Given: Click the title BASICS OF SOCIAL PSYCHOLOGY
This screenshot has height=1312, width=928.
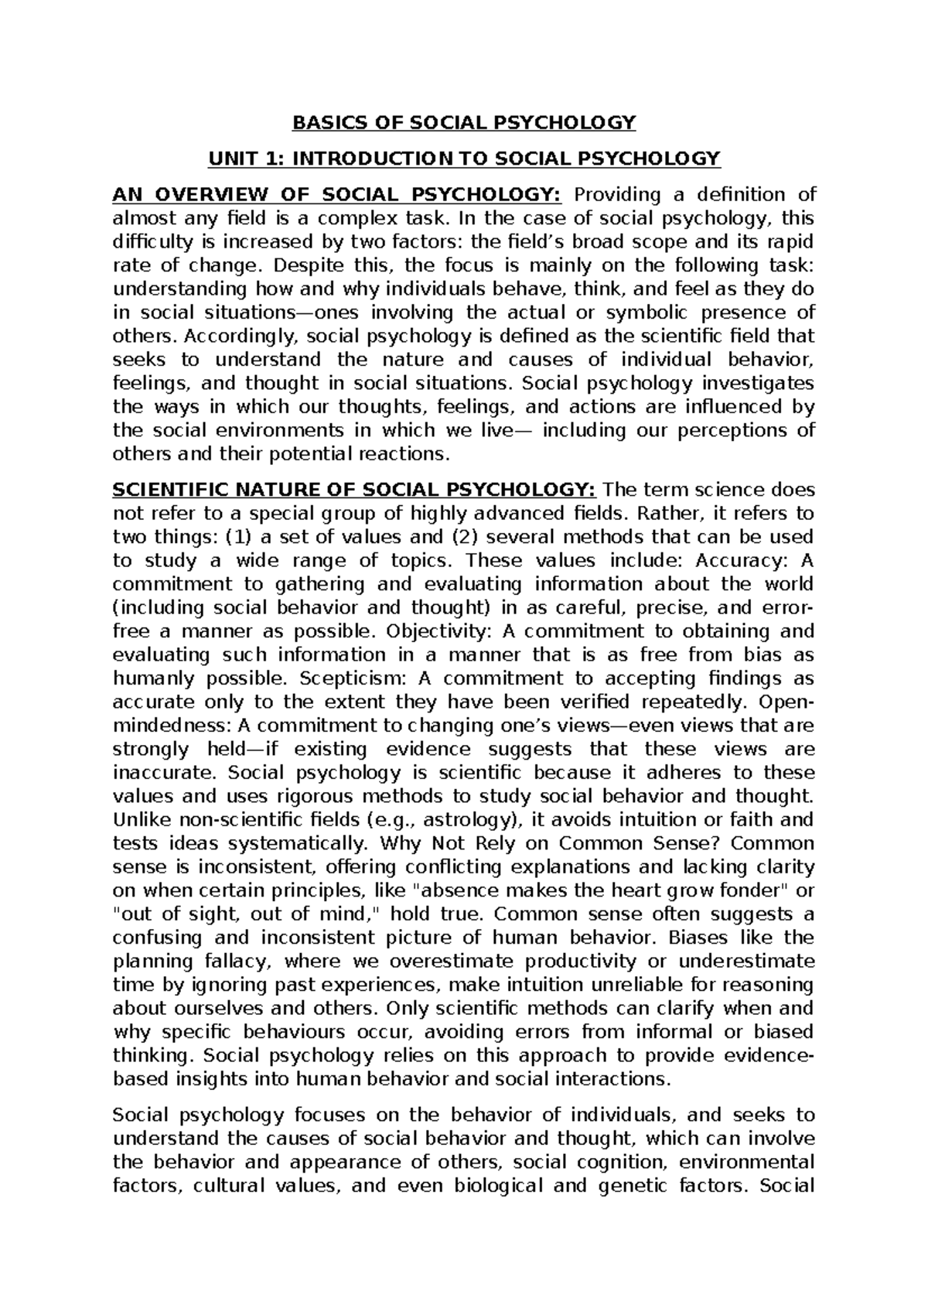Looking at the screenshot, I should [463, 122].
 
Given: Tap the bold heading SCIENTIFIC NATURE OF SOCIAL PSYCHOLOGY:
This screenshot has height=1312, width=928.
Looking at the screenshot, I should [354, 490].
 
